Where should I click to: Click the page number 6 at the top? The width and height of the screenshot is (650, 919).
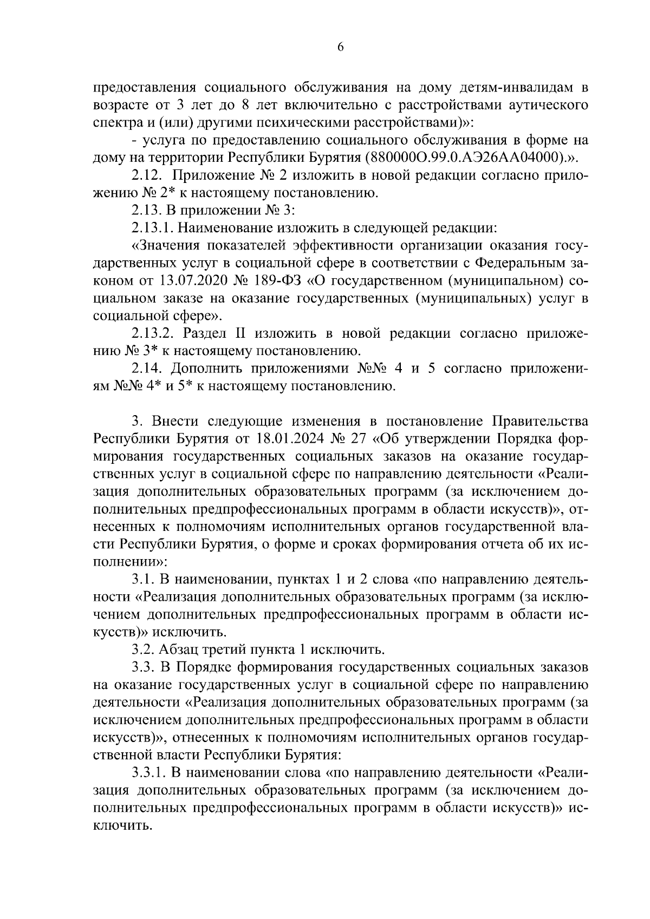click(340, 47)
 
